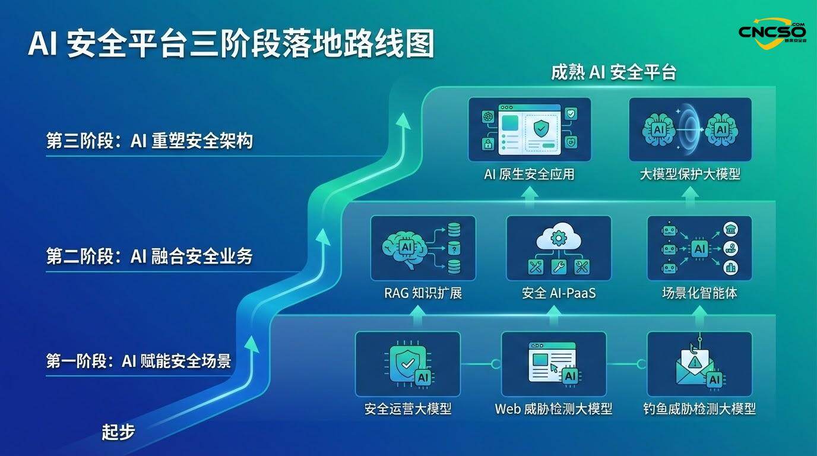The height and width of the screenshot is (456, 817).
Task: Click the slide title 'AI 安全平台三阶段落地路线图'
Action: pos(232,45)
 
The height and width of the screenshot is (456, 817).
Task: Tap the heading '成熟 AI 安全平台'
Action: pos(614,72)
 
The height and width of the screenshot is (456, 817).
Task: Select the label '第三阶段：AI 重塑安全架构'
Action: pos(150,141)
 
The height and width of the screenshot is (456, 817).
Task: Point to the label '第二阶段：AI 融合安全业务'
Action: pos(150,256)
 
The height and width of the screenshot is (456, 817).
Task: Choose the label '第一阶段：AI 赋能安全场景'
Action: pos(139,360)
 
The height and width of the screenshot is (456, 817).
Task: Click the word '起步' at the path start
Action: pos(118,432)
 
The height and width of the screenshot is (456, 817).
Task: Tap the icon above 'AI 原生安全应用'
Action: pos(530,129)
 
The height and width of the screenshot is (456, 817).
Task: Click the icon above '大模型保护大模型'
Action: pos(690,129)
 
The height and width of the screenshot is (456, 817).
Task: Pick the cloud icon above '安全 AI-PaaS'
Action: pos(558,248)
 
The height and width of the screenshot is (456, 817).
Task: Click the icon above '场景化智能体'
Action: pos(699,248)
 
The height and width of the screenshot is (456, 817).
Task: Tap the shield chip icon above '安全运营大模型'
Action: pos(407,363)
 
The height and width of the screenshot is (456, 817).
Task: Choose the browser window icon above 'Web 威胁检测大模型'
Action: pos(553,363)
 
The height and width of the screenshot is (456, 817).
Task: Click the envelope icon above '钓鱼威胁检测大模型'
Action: pos(699,363)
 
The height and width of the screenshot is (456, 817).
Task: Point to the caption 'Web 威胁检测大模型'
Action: pos(553,409)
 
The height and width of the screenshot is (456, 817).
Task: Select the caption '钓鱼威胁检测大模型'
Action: pos(699,409)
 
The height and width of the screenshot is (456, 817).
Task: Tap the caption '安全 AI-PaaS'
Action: pos(558,293)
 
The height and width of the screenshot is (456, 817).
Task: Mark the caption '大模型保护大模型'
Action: pos(690,175)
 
